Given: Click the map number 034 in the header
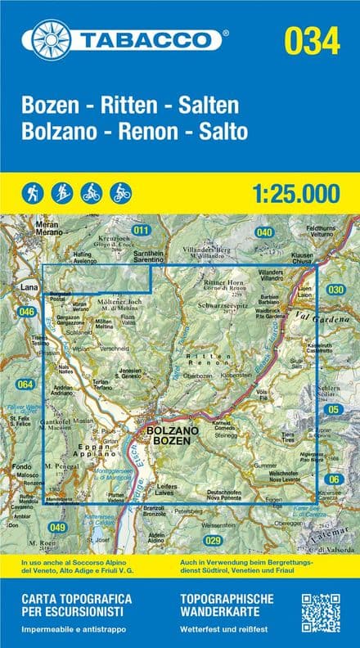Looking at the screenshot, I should click(311, 39).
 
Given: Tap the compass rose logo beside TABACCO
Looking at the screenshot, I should click(52, 39).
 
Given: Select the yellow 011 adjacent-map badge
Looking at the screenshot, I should click(142, 231).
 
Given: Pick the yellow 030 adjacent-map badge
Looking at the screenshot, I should click(335, 289).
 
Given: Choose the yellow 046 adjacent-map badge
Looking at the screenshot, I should click(28, 312).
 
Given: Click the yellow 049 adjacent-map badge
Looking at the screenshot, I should click(56, 526).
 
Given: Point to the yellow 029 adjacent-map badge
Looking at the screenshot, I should click(214, 540).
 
